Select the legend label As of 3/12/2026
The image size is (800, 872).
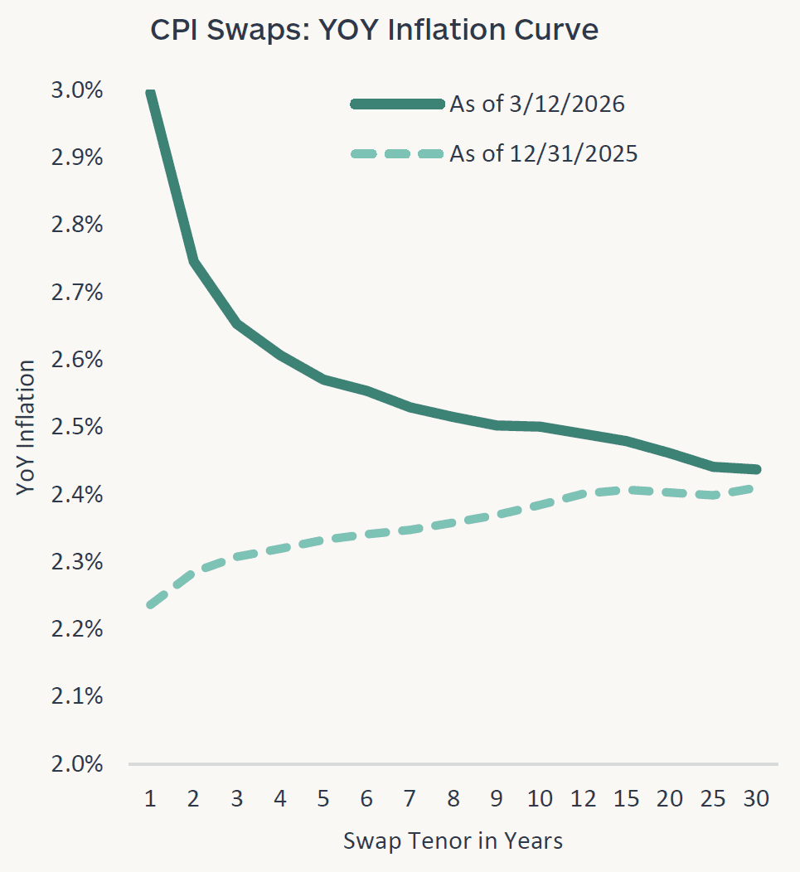coord(536,104)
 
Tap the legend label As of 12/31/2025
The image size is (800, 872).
coord(543,153)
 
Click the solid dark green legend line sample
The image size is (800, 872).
coord(397,104)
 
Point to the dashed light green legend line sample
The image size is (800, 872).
coord(397,153)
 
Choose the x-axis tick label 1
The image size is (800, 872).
coord(151,799)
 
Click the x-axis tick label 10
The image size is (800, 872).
coord(540,799)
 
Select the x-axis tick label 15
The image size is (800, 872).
coord(626,799)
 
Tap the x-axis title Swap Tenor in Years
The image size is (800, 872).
coord(453,841)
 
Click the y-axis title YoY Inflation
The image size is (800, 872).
coord(27,427)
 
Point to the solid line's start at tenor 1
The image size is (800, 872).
coord(151,93)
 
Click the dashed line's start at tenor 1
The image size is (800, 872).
coord(151,605)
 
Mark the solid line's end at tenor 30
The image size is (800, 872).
coord(756,469)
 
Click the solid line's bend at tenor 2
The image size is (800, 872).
coord(194,261)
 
